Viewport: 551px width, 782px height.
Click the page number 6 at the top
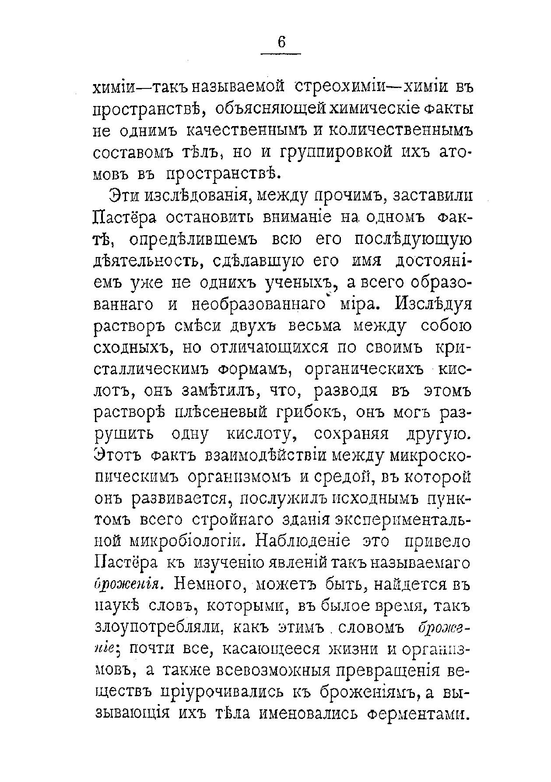tap(281, 42)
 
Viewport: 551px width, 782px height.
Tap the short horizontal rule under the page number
tap(281, 54)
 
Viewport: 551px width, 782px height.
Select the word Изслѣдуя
tap(433, 304)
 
